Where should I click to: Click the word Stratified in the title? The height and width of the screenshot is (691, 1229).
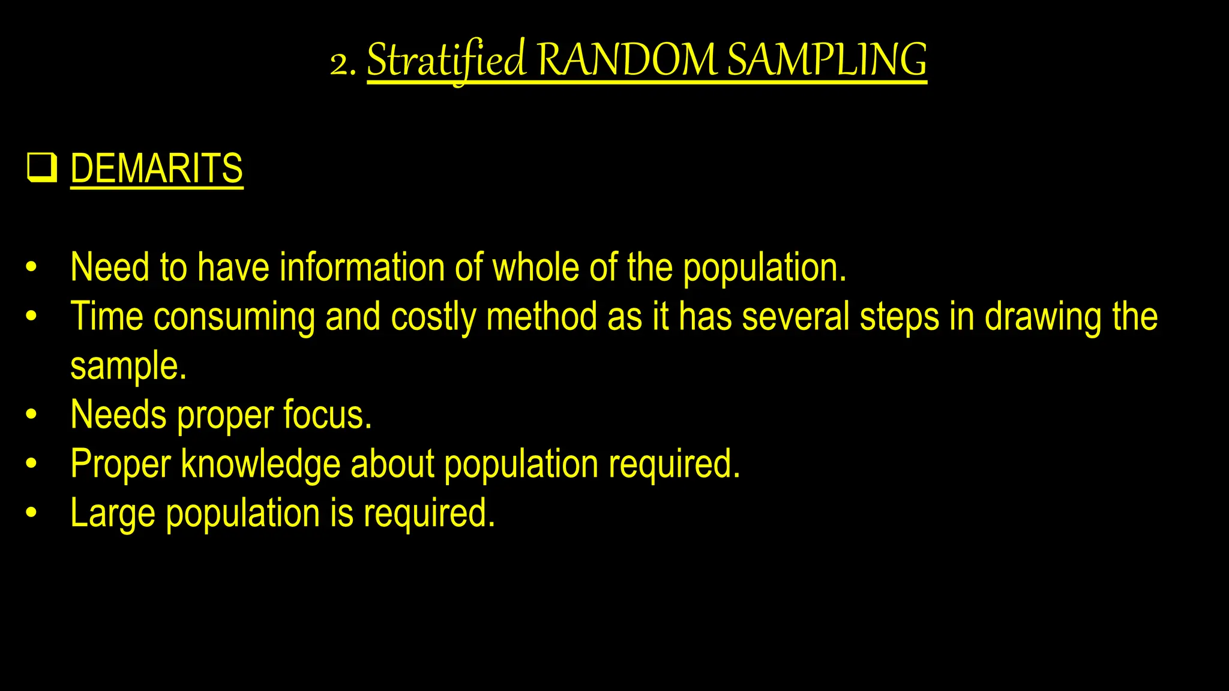(x=446, y=61)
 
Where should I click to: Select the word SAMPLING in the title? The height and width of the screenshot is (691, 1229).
(x=827, y=61)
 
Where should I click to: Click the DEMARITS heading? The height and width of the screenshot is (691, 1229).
(x=157, y=169)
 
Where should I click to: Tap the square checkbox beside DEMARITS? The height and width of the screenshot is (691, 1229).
(x=41, y=168)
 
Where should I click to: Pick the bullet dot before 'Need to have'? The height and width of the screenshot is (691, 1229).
(x=32, y=268)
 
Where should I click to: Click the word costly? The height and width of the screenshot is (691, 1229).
(x=433, y=317)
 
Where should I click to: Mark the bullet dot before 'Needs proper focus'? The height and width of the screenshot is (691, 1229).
(x=32, y=415)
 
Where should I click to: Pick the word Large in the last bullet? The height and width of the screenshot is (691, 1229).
(x=112, y=514)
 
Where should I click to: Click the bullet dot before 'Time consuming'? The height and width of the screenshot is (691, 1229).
(x=32, y=317)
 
